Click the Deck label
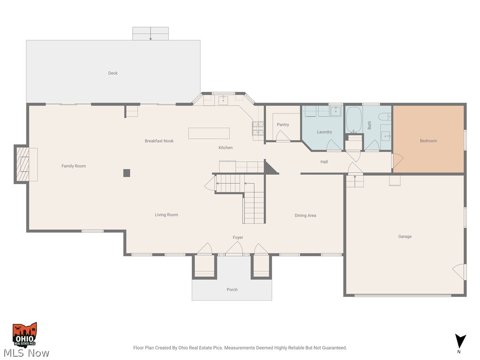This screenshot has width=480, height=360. click(x=113, y=73)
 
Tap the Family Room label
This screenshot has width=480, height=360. click(x=74, y=166)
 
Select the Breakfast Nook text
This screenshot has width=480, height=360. click(x=159, y=141)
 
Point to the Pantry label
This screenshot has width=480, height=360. click(x=283, y=125)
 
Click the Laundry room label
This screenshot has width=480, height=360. click(x=324, y=132)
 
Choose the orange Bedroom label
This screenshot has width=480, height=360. click(x=428, y=141)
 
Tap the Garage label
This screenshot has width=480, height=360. click(x=405, y=237)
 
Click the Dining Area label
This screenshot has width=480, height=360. click(x=305, y=216)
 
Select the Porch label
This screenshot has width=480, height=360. click(x=232, y=290)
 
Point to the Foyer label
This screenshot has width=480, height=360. click(x=238, y=238)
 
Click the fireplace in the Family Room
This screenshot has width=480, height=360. click(x=23, y=164)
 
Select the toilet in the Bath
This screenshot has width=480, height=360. click(x=384, y=117)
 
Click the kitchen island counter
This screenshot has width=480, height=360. click(x=209, y=133)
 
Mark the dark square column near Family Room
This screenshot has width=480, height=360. click(x=127, y=173)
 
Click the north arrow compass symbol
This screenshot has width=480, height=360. click(x=461, y=341)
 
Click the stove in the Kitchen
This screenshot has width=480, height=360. click(x=258, y=128)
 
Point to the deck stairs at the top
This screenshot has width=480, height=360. click(x=150, y=34)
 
